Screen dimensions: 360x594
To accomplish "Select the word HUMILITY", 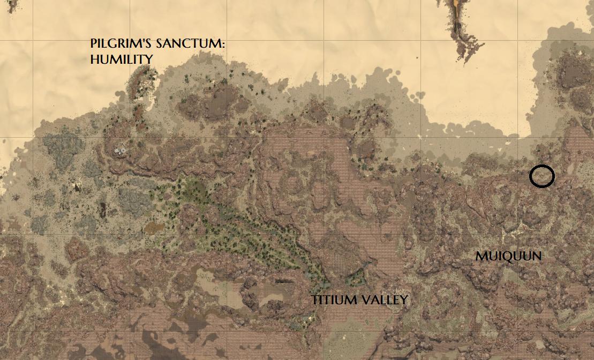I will point(122,59).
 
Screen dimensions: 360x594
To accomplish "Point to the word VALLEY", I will point(385,300).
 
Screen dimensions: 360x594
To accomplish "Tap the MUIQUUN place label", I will point(508,257).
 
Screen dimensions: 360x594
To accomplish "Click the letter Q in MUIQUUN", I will point(506,257).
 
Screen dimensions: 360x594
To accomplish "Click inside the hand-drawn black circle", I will point(542,176).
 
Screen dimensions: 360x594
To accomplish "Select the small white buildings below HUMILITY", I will point(120,151).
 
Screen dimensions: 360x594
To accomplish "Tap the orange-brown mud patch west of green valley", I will point(154,229).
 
